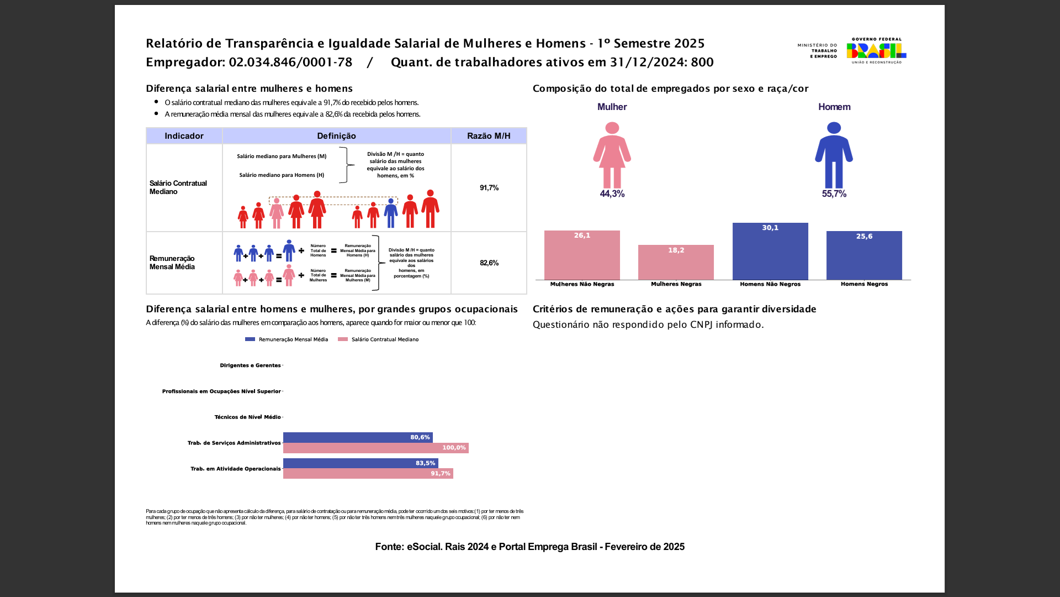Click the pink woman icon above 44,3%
tap(612, 155)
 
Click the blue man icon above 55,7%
tap(834, 155)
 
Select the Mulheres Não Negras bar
tap(582, 255)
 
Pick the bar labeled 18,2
tap(676, 263)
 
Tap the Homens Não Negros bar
tap(770, 252)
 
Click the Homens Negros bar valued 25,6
tap(864, 255)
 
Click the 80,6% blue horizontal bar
tap(358, 437)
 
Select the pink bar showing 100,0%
tap(375, 448)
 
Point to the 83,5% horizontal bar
tap(360, 463)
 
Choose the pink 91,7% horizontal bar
tap(368, 474)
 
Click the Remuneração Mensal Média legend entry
tap(287, 339)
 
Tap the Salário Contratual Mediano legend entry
tap(379, 339)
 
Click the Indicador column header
tap(184, 136)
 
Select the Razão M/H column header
tap(489, 136)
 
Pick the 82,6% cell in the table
tap(489, 263)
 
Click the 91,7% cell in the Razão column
tap(489, 188)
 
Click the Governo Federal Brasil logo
tap(876, 51)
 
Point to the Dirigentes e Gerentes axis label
tap(250, 365)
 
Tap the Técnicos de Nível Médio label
tap(247, 417)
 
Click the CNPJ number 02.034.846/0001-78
tap(290, 62)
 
